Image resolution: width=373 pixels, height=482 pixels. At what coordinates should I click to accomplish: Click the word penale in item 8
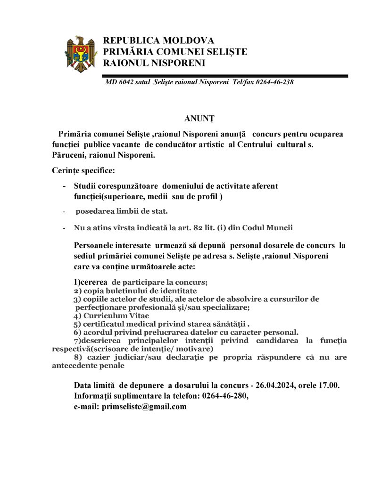112,365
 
